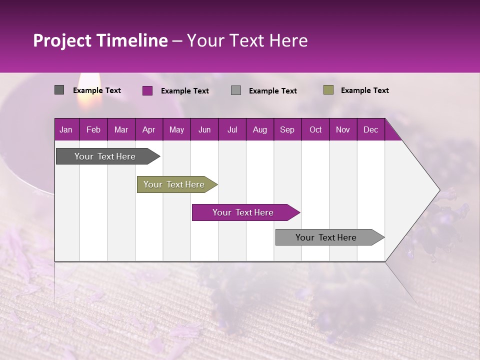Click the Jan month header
tap(66, 129)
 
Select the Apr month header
tap(148, 129)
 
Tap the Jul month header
tap(232, 129)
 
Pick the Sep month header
tap(287, 129)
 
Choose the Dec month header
tap(370, 129)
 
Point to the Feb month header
tap(93, 129)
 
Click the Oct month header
tap(315, 129)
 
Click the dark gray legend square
tap(59, 90)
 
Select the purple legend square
tap(147, 90)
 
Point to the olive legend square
tap(328, 90)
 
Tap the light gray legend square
tap(236, 90)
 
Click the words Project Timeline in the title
tap(100, 40)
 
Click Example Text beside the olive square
tap(364, 90)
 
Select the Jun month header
tap(204, 129)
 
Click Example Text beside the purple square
tap(184, 91)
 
